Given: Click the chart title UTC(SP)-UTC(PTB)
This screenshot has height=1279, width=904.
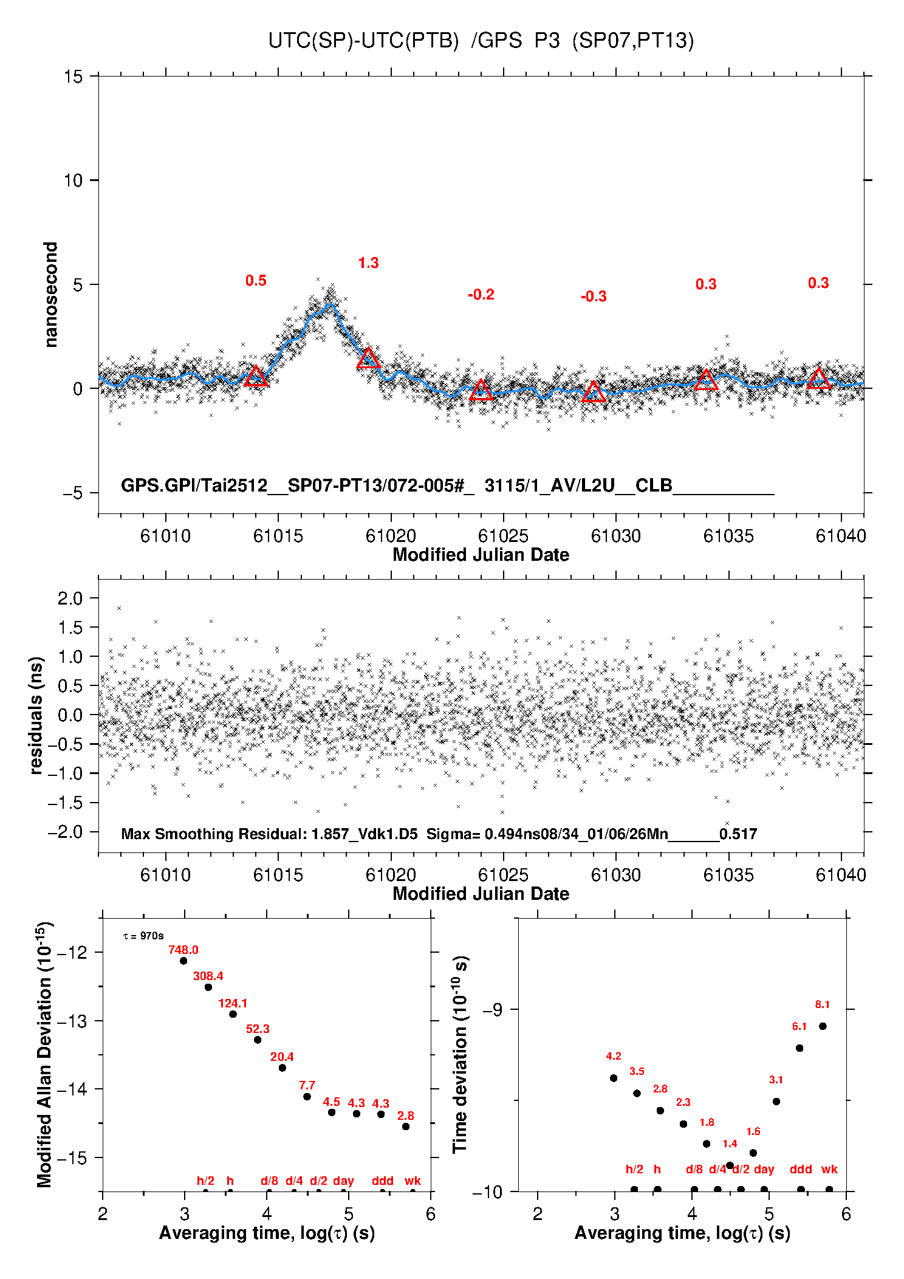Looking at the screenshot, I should pos(363,41).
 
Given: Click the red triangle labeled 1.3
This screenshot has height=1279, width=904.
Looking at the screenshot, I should pos(368,358).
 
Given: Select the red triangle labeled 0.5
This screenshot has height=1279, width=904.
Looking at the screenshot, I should pos(256,376).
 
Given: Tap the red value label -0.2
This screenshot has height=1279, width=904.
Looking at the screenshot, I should pos(481,295).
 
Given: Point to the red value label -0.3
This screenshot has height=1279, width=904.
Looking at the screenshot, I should pos(594,297).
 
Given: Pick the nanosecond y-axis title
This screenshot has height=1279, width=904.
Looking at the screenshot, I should pos(50,295).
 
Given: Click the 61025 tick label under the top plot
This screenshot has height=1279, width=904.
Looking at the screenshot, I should pos(503,536).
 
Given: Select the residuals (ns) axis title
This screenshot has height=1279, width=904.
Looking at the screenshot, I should pos(36,715).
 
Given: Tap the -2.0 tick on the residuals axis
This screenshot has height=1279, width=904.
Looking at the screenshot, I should pos(70,832).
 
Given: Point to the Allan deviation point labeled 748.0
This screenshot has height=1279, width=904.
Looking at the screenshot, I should pos(183,961).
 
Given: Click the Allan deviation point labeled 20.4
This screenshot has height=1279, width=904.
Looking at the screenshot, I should pos(282,1068).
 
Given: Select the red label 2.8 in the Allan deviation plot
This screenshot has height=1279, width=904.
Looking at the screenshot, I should pos(406,1116).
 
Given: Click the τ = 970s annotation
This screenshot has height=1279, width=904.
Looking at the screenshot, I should pos(143,936).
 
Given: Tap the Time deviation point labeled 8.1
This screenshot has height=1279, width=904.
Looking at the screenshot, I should pos(823,1026).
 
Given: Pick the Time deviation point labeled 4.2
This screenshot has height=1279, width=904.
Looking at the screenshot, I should pos(614,1078).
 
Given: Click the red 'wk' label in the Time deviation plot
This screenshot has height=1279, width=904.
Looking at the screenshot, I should pos(829,1169).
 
